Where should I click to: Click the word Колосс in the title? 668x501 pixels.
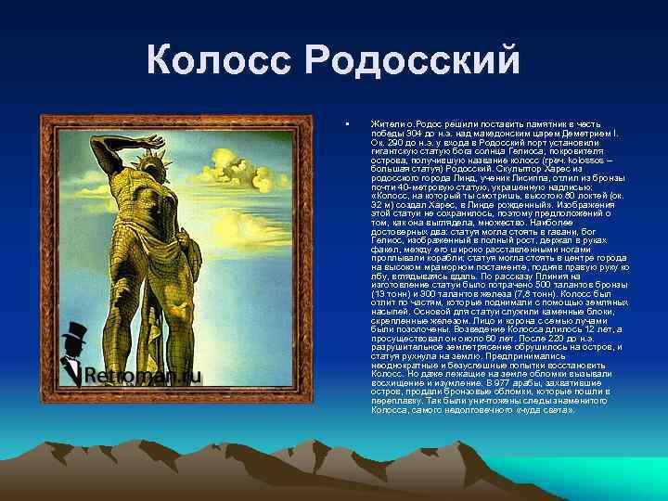pyautogui.click(x=220, y=62)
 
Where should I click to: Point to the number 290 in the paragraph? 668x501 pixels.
pyautogui.click(x=390, y=142)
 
